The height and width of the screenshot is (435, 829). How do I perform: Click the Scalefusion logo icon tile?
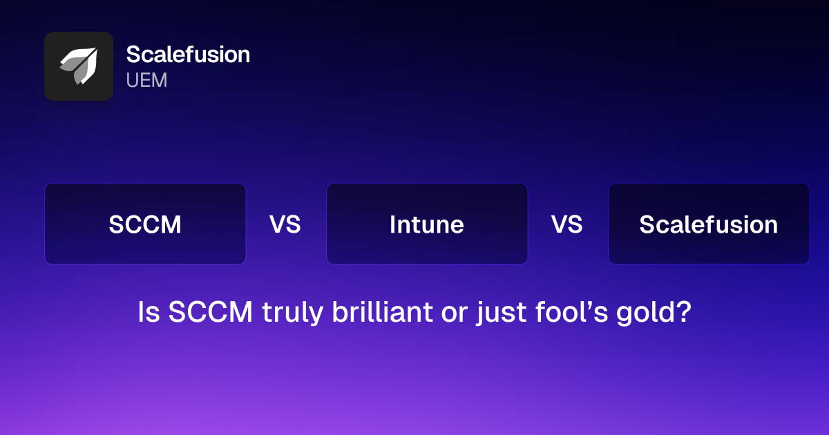coord(79,66)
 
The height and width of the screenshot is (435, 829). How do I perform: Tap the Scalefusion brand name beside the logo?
coord(188,55)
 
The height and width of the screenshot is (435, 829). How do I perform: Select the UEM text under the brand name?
coord(146,81)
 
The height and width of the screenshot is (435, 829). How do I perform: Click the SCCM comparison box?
coord(145,224)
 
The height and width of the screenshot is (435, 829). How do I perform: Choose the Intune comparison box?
coord(427,224)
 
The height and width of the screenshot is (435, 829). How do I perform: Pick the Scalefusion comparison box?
coord(709,224)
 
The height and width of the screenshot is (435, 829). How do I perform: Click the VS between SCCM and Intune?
coord(285,224)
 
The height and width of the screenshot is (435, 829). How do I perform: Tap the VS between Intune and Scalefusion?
coord(567,224)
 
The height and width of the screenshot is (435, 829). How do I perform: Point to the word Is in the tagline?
coord(149,313)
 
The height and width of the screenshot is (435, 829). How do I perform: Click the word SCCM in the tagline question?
coord(211,313)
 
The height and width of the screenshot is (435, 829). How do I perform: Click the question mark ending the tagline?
coord(684,313)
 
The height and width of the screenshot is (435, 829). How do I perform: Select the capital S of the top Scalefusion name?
coord(133,55)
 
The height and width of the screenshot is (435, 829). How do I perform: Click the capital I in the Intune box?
coord(392,224)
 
